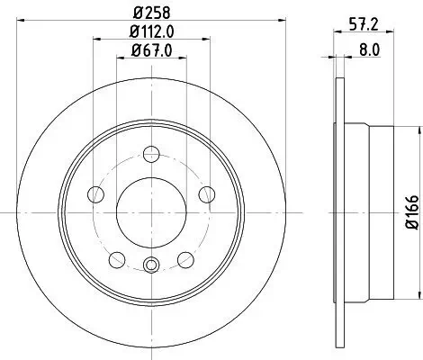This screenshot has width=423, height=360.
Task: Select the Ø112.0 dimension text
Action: tap(151, 33)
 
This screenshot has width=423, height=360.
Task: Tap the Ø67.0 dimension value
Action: tap(151, 51)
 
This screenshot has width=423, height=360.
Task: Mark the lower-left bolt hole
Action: tap(116, 259)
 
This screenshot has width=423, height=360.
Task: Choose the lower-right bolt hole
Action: tap(185, 259)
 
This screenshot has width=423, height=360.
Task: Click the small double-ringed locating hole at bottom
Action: tap(151, 264)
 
